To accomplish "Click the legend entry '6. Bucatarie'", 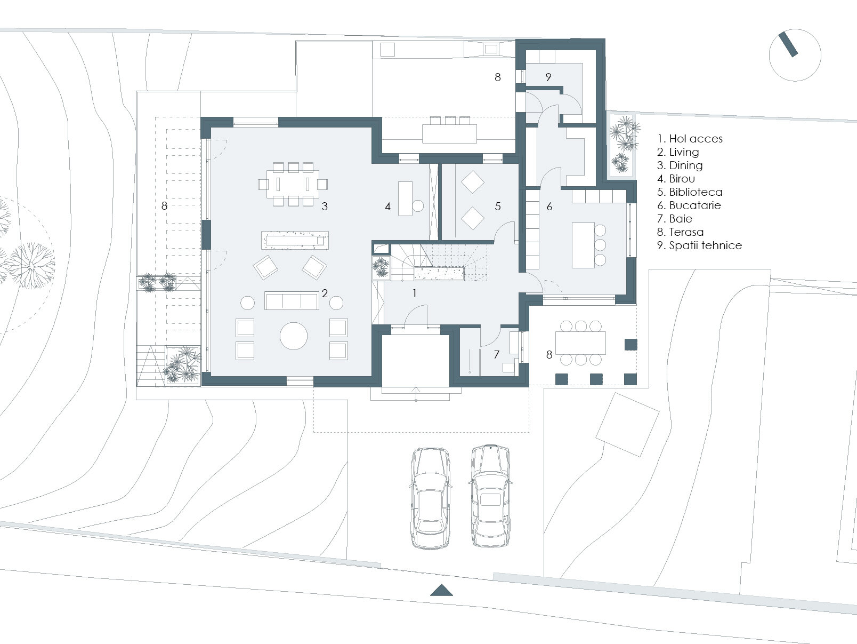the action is [x=689, y=205].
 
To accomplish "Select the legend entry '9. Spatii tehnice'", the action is [x=699, y=245].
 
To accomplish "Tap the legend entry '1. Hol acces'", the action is [x=690, y=139].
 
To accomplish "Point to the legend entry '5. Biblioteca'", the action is [x=690, y=192].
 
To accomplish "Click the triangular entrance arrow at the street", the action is [x=441, y=590].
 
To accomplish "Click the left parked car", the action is [x=431, y=498].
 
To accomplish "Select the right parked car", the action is [x=490, y=496].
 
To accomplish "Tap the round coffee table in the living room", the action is [x=294, y=336].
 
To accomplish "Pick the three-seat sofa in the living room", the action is [x=292, y=301].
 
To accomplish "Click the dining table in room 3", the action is [x=293, y=184].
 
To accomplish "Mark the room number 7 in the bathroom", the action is [x=496, y=354].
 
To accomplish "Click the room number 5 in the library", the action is [x=498, y=206].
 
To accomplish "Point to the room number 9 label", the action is [x=548, y=77].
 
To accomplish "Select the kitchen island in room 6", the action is [x=583, y=245].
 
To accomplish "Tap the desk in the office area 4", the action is [x=405, y=198].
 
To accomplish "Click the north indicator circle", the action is [x=795, y=55].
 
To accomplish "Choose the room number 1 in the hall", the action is [x=414, y=293].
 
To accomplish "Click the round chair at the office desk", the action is [x=418, y=205].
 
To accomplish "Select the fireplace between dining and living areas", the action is [x=295, y=240].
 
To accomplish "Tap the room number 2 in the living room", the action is [x=325, y=293].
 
